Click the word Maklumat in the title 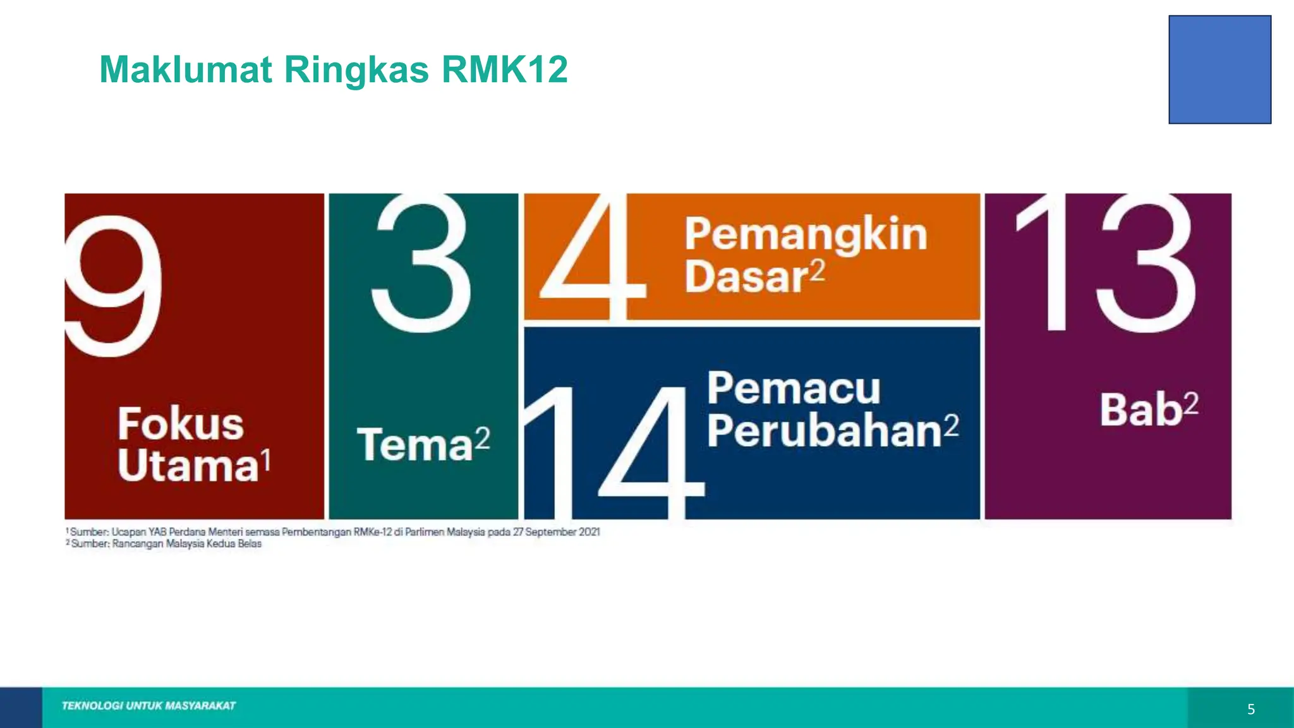tap(186, 70)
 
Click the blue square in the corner tap(1219, 70)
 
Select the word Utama tap(188, 466)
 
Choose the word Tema tap(415, 445)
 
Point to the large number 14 tap(613, 452)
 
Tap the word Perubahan tap(825, 431)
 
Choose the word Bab tap(1141, 409)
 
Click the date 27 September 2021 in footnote tap(556, 532)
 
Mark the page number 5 tap(1251, 710)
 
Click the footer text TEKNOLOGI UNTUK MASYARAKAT tap(148, 706)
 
